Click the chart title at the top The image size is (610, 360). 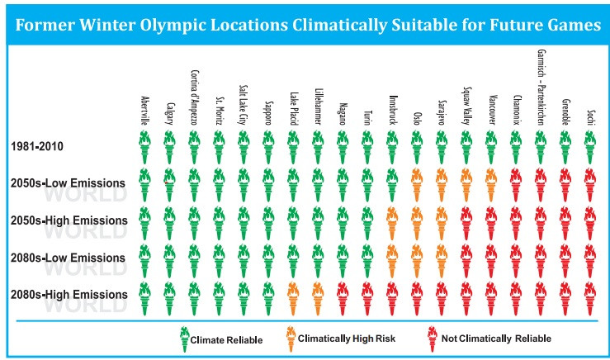click(305, 25)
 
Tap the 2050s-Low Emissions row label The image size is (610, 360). click(68, 182)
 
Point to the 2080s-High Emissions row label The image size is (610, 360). click(69, 294)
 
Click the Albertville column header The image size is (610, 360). click(144, 112)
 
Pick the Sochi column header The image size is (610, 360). click(589, 115)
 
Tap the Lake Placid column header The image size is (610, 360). click(293, 108)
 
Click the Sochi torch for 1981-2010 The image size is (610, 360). click(589, 147)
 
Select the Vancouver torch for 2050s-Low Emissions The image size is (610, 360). click(491, 184)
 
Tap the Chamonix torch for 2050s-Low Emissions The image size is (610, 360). click(516, 184)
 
